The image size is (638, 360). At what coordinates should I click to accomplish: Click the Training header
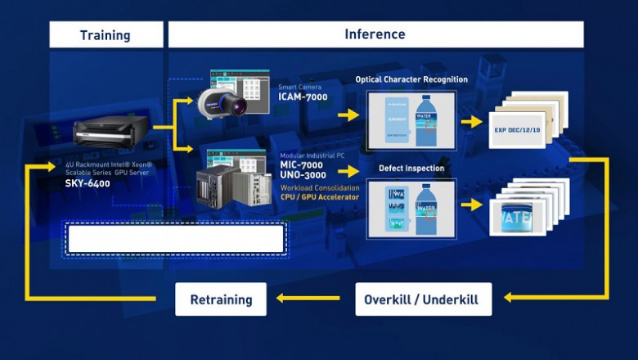(104, 35)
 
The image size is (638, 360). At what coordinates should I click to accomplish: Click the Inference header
(375, 34)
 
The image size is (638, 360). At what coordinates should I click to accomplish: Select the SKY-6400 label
(88, 183)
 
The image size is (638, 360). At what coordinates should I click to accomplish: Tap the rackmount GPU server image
(111, 132)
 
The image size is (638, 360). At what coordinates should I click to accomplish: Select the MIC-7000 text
(302, 165)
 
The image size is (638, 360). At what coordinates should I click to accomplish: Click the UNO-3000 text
(302, 176)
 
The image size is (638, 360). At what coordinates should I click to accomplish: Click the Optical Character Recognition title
(411, 79)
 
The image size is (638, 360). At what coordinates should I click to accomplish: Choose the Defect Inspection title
(411, 169)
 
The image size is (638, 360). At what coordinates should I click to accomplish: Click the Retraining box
(221, 299)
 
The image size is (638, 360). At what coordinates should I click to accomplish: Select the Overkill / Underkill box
(424, 299)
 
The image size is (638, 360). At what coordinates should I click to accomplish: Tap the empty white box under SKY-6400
(176, 239)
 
